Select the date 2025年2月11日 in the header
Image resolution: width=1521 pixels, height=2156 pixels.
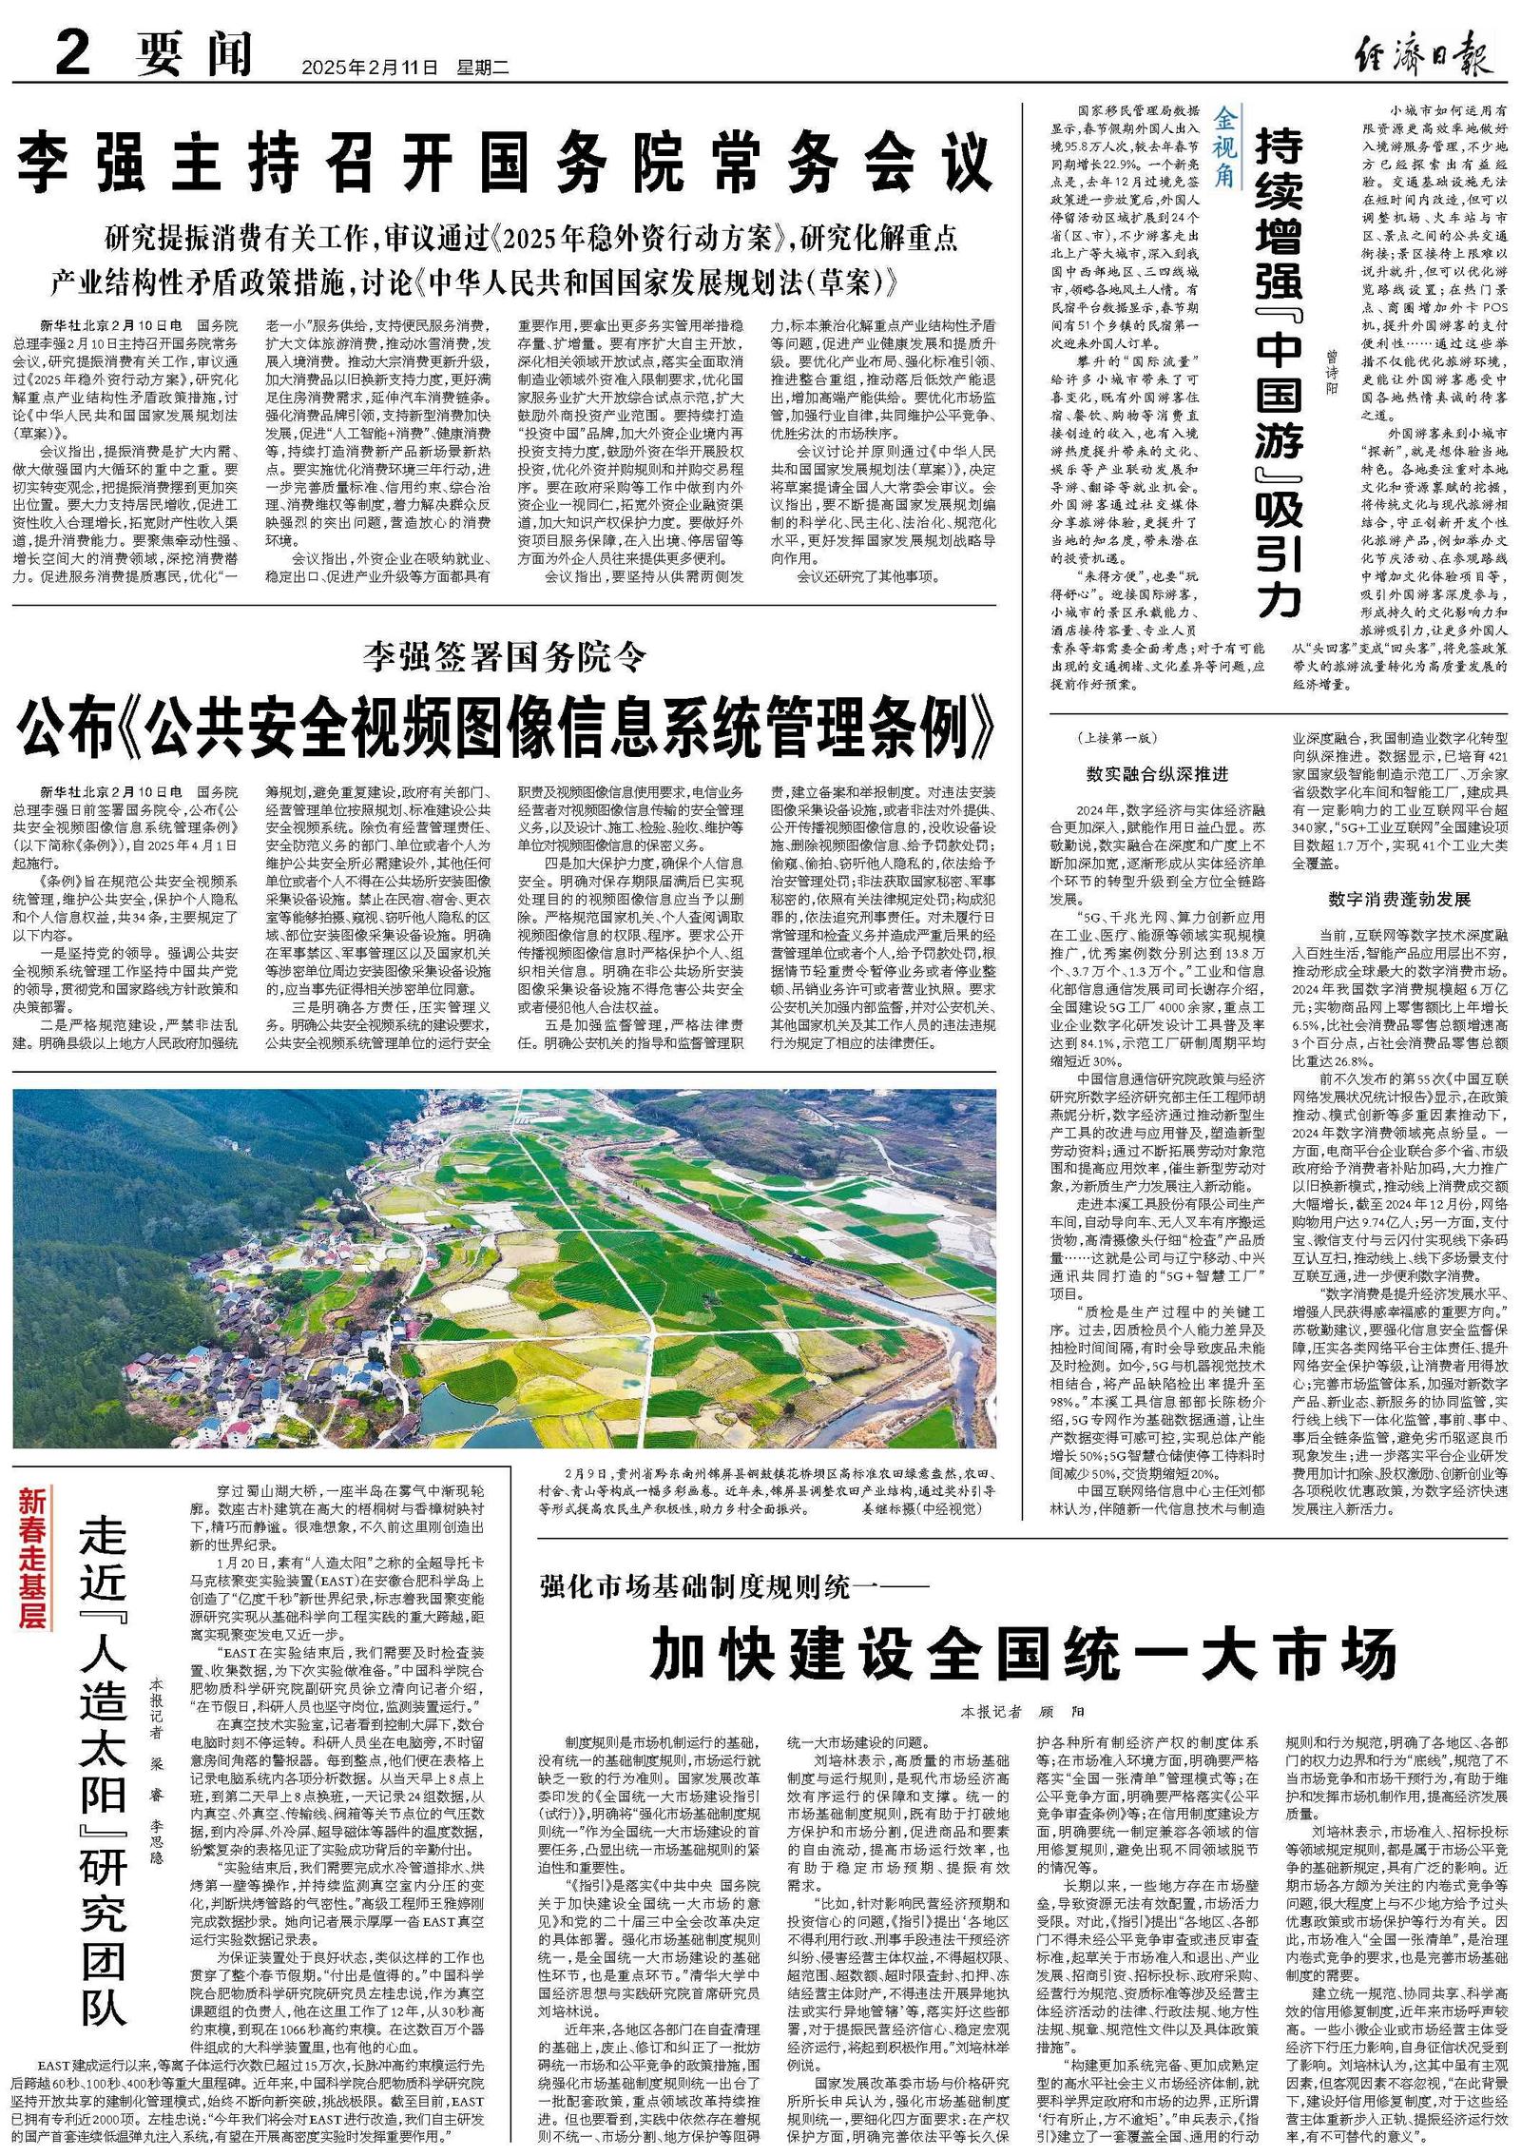(370, 68)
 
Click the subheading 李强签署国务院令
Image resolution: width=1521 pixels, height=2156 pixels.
(505, 656)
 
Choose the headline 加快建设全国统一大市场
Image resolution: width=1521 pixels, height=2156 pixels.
(1023, 1654)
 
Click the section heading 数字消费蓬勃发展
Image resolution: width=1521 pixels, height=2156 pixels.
(1399, 899)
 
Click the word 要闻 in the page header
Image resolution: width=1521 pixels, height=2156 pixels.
(195, 54)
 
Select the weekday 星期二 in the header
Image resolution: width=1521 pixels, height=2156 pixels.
(484, 68)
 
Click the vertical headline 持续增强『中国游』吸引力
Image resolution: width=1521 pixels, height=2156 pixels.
(1280, 371)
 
